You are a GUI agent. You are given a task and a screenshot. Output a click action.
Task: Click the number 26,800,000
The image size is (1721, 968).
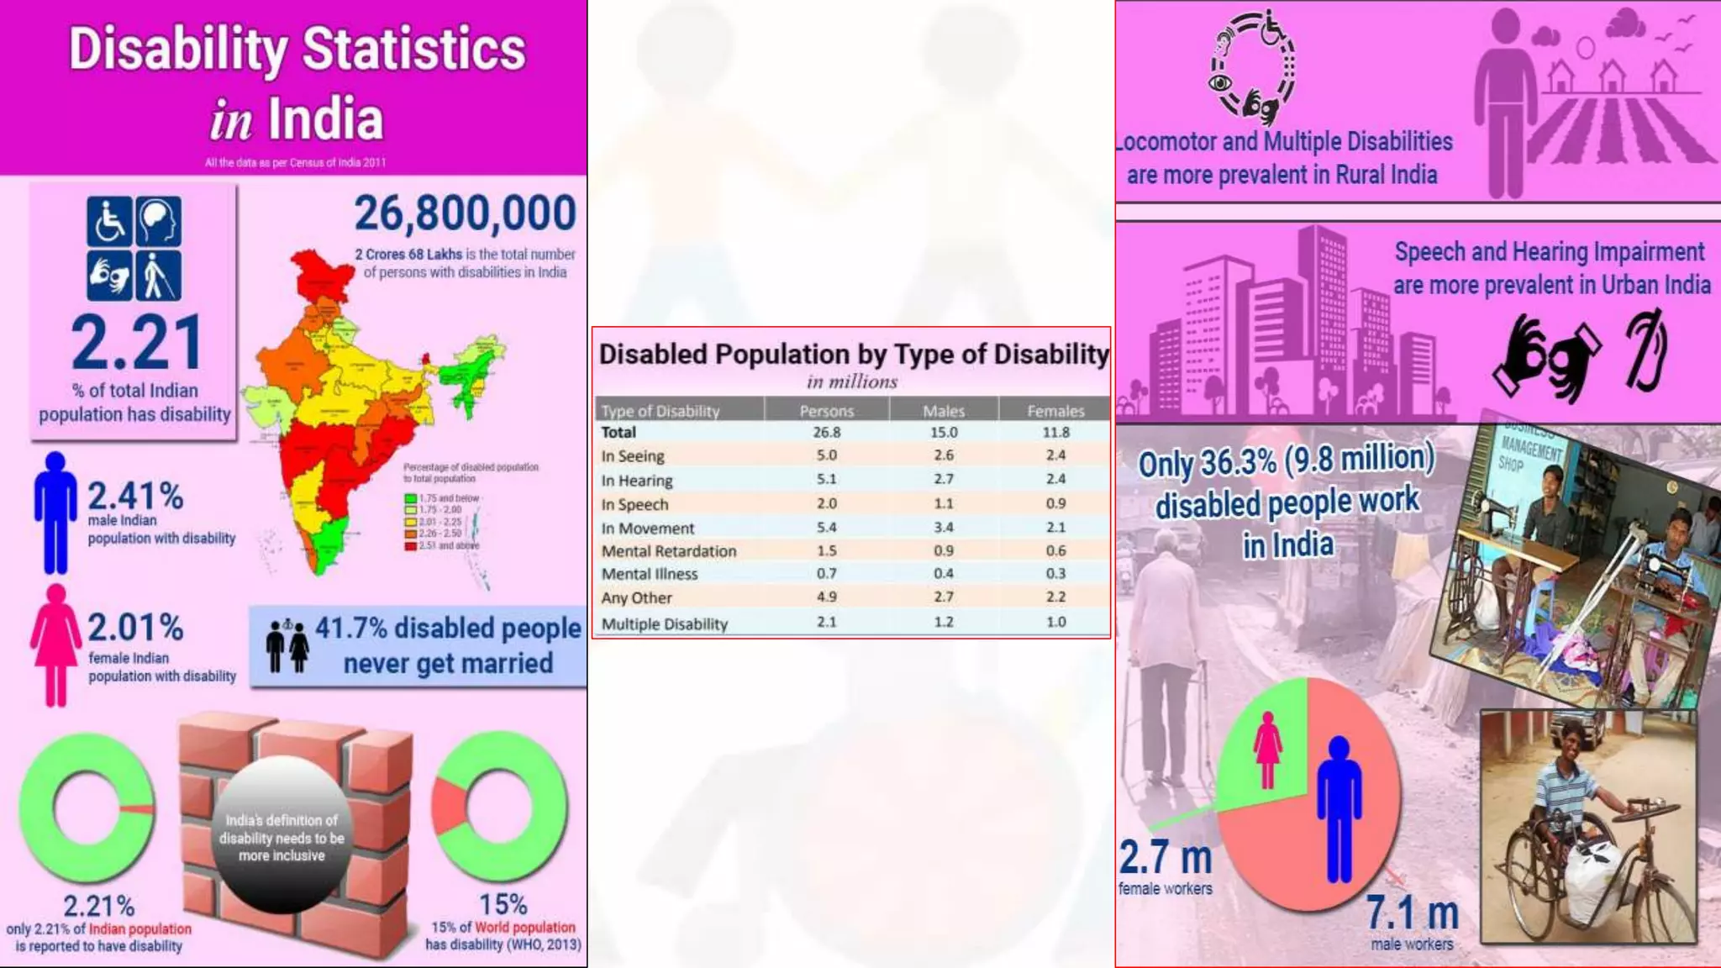point(465,213)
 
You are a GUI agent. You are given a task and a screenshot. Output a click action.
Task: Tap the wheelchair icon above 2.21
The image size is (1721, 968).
point(109,221)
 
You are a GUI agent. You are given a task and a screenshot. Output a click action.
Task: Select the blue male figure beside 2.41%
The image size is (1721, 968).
point(55,513)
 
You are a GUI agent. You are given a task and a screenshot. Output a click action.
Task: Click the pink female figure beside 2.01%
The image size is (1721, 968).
point(55,645)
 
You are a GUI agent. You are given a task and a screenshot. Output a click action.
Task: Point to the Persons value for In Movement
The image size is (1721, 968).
point(826,528)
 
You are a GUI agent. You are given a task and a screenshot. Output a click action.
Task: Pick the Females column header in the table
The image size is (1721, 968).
point(1055,411)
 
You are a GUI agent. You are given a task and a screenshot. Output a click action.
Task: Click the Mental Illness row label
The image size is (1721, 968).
point(650,574)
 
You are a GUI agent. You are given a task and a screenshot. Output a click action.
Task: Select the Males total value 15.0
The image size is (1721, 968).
point(943,432)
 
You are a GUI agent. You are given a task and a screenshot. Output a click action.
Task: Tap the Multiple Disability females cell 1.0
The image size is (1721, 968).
point(1055,623)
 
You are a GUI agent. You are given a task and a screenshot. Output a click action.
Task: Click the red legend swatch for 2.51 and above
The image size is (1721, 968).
point(410,546)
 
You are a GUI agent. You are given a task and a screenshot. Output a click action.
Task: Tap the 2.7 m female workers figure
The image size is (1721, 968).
point(1165,858)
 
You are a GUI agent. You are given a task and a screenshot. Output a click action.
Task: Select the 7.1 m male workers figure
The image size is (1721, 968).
point(1411,913)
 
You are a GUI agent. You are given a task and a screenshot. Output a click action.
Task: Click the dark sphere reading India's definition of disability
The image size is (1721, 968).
point(282,836)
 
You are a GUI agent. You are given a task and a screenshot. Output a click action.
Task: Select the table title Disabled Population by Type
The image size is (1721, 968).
point(853,355)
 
